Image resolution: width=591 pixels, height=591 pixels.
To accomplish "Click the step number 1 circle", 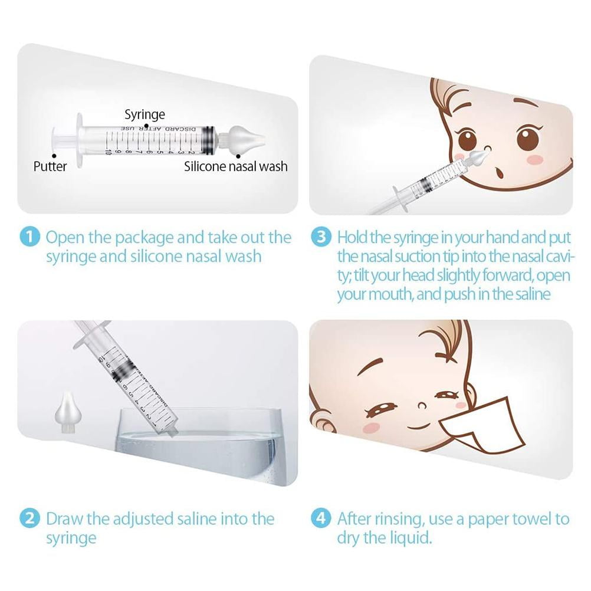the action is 29,238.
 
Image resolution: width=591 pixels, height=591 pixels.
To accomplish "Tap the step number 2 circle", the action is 29,518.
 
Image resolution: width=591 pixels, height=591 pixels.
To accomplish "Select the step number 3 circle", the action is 321,238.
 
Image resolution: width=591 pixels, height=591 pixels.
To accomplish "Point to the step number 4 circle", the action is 321,518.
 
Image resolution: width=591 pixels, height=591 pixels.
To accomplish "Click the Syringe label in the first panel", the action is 145,114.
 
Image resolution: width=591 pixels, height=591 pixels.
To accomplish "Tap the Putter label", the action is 50,166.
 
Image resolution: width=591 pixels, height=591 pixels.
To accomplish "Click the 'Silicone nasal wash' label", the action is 235,166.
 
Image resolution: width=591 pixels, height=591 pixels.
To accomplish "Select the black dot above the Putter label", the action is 54,156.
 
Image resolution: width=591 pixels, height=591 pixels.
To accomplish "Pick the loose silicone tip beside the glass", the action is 68,412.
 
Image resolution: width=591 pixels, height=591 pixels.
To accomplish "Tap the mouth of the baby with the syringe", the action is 498,174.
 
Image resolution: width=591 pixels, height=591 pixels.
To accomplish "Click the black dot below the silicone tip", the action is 238,156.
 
